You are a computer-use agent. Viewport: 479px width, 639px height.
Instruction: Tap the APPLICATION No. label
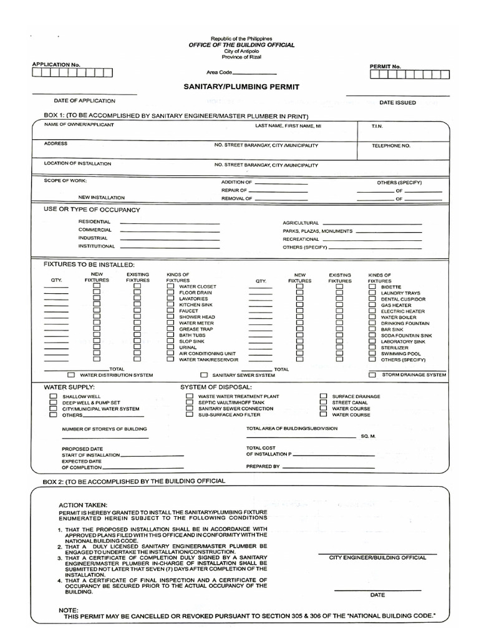tap(56, 65)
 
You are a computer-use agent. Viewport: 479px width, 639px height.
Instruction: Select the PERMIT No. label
tap(385, 66)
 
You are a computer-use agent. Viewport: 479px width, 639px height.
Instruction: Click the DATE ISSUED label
tap(398, 102)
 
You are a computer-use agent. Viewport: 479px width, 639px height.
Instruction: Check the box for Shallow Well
tap(53, 396)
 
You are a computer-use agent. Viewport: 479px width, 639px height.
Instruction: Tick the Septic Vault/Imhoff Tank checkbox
tap(189, 402)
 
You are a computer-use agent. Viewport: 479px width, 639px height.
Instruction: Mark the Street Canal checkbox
tap(323, 402)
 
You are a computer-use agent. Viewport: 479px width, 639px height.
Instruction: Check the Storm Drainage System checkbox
tap(372, 375)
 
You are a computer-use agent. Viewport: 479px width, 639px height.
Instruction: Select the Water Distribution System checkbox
tap(71, 375)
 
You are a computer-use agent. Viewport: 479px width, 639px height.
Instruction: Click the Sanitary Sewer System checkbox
tap(204, 376)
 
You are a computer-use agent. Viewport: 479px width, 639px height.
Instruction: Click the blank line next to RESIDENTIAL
tap(170, 223)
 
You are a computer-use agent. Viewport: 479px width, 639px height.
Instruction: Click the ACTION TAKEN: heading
tap(83, 504)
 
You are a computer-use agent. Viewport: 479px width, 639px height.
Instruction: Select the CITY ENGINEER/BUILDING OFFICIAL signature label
tap(377, 558)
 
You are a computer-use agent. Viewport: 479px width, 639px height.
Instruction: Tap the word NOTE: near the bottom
tap(68, 609)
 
